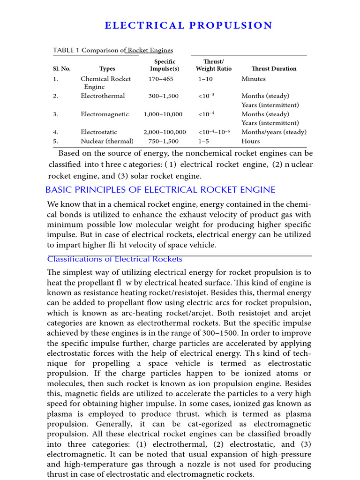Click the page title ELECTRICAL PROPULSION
point(188,25)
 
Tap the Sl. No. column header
point(61,68)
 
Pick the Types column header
point(107,68)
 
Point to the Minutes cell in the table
point(254,79)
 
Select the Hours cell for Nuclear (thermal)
point(251,141)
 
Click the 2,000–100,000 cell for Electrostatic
point(165,132)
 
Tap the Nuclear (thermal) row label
point(107,141)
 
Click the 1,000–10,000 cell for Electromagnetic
point(163,114)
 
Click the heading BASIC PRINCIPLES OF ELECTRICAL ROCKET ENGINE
point(160,190)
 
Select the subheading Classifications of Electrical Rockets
point(115,259)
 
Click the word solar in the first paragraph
point(136,176)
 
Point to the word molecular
point(142,225)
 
